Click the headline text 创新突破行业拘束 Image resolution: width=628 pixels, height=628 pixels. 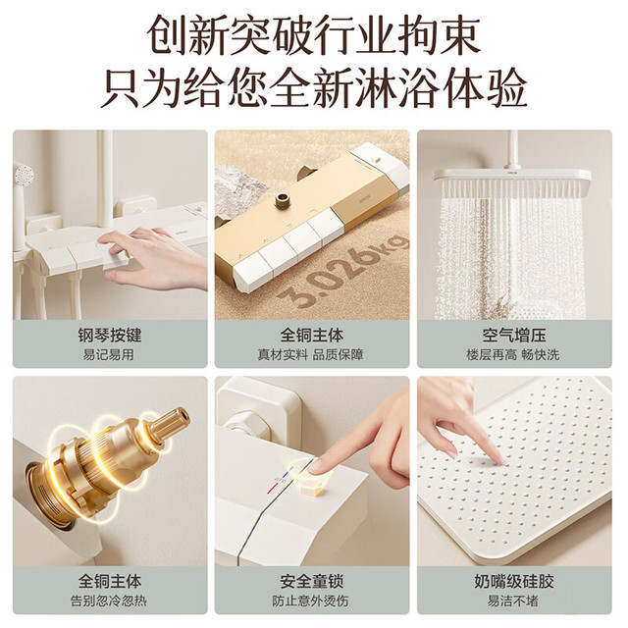pos(314,35)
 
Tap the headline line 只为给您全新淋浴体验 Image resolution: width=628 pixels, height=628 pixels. pos(314,88)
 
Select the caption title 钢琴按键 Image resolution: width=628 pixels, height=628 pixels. pos(110,335)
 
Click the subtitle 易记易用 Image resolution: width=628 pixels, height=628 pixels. pos(108,354)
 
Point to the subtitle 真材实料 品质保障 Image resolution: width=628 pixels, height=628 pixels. pos(310,354)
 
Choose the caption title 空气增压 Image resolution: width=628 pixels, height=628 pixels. pos(514,335)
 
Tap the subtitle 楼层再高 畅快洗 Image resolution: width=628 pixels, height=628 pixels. pos(512,354)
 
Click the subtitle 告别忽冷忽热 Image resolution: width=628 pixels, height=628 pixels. pos(109,601)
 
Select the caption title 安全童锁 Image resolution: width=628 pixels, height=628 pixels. pos(312,581)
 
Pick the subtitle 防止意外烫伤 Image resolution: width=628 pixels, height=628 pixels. pos(310,601)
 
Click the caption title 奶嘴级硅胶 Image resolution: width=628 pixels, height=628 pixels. pos(514,581)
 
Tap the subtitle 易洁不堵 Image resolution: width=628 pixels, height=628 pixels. pos(512,601)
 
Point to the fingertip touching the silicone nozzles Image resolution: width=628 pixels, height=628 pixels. pos(499,460)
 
